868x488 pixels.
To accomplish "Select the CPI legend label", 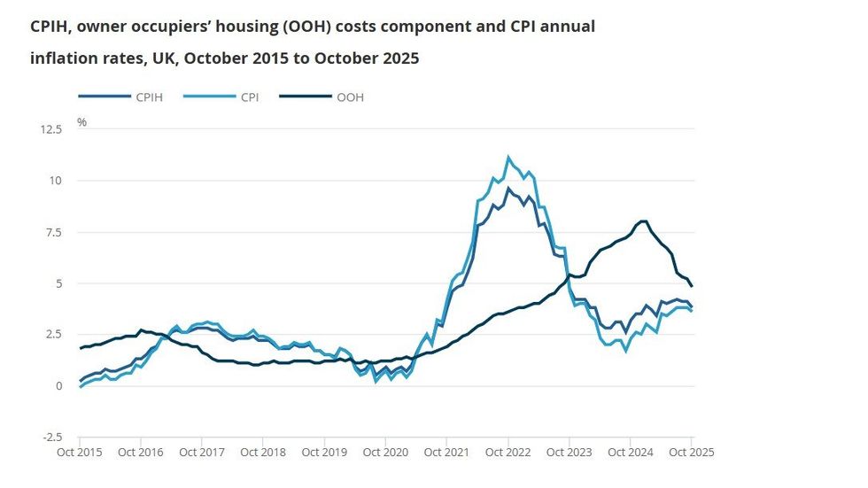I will coord(248,97).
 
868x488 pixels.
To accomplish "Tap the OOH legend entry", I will coord(350,97).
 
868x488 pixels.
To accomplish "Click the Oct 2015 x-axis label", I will coord(80,452).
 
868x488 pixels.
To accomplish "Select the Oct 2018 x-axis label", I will coord(263,452).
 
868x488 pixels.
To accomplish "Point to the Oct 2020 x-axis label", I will coord(385,452).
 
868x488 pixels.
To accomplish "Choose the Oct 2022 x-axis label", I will coord(508,452).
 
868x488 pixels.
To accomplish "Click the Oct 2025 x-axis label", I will coord(692,452).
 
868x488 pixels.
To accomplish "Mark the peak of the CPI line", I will coord(508,158).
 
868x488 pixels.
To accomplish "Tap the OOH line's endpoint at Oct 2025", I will coord(692,285).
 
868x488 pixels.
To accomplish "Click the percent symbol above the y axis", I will coord(81,122).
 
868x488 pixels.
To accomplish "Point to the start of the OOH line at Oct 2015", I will coord(80,348).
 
